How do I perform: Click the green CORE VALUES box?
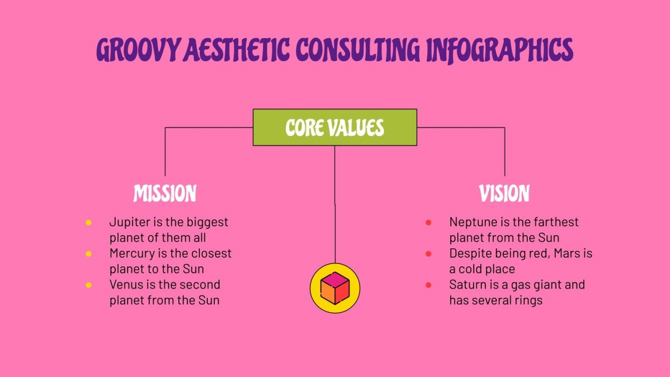(334, 128)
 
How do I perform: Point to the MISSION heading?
(165, 194)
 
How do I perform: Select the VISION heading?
(504, 194)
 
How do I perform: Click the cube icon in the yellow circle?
(334, 288)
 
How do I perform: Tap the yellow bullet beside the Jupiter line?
(89, 222)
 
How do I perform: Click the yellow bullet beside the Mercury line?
(89, 254)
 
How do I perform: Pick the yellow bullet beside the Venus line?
(89, 285)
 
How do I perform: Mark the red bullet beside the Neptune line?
(429, 222)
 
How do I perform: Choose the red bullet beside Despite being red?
(429, 254)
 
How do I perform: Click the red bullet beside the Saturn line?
(429, 285)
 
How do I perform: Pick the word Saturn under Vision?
(467, 285)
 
